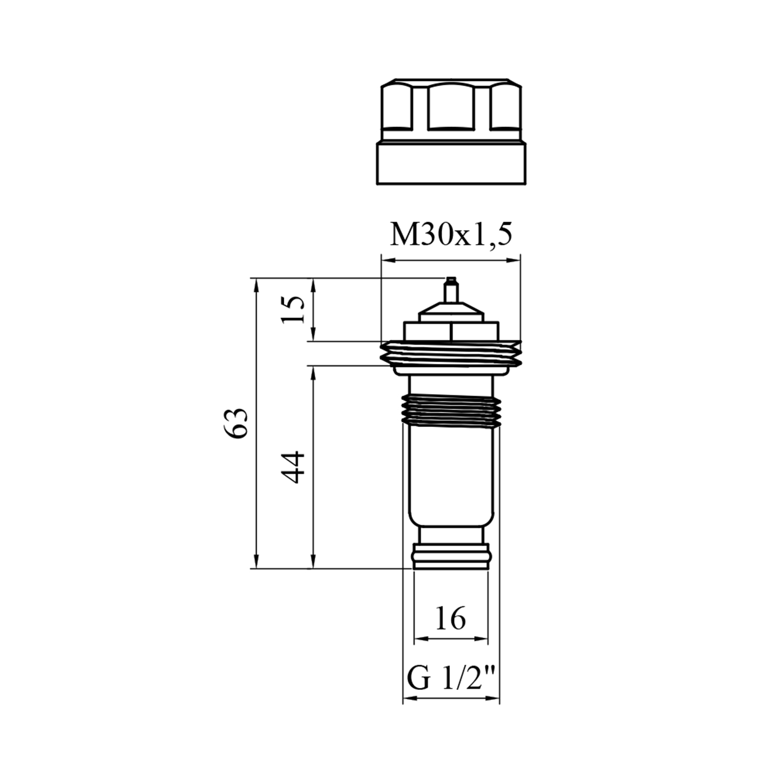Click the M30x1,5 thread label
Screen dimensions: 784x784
click(451, 235)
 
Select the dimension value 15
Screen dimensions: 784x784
click(293, 309)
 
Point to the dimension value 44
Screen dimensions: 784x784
click(293, 467)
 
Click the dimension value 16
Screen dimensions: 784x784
click(450, 618)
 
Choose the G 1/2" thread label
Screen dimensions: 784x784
click(451, 678)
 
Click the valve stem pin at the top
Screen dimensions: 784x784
click(451, 290)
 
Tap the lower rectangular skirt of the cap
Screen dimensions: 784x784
click(451, 164)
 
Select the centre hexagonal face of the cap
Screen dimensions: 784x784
click(451, 108)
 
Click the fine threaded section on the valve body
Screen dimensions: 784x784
click(451, 411)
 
